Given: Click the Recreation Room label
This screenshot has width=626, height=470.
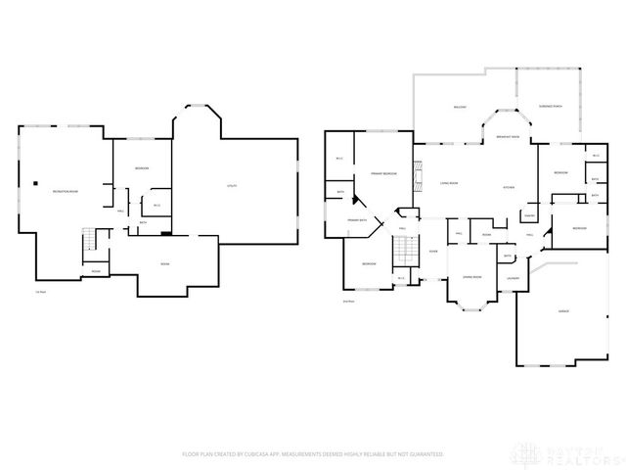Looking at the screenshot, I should pos(66,191).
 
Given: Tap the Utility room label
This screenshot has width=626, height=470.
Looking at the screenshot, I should pos(231,185).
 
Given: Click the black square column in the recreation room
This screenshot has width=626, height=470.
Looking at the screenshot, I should pos(35,182).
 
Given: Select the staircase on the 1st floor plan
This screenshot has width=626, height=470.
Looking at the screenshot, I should pos(90,239).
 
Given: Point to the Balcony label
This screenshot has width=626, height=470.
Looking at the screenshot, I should pos(459,107).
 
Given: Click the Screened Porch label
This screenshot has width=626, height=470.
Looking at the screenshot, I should pos(550,106).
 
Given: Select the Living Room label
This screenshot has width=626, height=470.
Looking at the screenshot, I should pos(449,183).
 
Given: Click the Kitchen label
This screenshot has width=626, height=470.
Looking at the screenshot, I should pos(508,187).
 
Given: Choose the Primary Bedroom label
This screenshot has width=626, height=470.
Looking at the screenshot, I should pos(382,172).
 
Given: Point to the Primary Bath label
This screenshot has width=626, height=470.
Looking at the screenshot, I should pos(357,220).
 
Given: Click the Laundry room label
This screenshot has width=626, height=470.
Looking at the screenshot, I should pos(512,278).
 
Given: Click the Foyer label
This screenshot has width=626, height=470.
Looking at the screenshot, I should pos(432,252).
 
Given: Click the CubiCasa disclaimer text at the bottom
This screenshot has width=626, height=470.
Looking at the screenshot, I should pos(312,454).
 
